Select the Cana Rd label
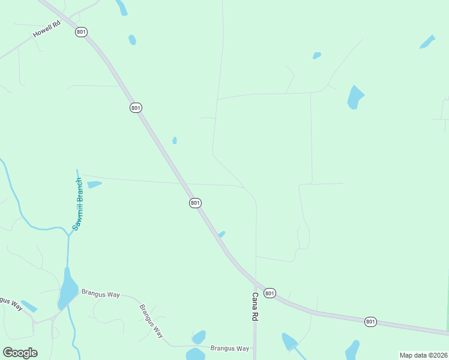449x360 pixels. coord(255,306)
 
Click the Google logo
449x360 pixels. coord(20,353)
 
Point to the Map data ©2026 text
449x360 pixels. coord(423,355)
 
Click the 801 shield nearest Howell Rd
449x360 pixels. coord(81,32)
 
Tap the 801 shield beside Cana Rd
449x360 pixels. coord(270,293)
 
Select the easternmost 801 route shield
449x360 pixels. coord(370,322)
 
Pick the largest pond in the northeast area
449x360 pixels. coord(355,97)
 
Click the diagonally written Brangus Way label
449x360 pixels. coord(151,322)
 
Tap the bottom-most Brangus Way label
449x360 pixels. coord(229,348)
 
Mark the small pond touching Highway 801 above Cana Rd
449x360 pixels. coord(221,234)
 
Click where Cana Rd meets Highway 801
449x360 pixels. coord(256,283)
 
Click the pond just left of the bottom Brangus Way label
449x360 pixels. coord(198,337)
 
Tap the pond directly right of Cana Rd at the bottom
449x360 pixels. coord(289,341)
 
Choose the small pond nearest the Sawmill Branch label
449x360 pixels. coord(94,184)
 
